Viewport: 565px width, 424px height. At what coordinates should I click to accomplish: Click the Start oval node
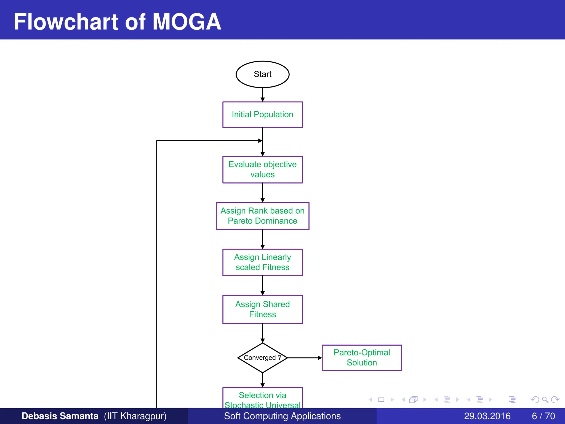262,74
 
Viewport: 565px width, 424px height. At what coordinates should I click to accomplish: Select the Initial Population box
262,115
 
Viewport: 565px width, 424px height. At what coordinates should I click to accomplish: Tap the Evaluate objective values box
262,169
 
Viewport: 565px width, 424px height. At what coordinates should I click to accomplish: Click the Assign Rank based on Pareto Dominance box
262,216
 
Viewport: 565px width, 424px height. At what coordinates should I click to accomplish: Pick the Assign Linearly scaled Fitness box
262,262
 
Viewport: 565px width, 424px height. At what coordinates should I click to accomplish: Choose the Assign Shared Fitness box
262,309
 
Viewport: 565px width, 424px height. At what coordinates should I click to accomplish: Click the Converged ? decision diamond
262,358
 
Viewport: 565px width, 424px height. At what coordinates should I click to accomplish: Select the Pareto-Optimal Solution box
362,358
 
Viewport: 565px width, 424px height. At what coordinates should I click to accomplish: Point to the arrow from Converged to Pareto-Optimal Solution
305,358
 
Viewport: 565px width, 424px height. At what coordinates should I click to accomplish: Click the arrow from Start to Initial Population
262,95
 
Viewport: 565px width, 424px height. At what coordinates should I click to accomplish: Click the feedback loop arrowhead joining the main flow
260,141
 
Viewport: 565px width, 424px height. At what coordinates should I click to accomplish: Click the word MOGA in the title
187,22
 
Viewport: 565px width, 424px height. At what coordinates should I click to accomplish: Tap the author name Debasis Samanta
60,416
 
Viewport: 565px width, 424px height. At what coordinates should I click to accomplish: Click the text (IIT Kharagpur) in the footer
135,416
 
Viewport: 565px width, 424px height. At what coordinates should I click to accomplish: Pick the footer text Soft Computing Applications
282,416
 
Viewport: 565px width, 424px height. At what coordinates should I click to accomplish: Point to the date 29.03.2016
487,416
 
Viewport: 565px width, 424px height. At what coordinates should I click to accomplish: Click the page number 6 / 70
543,416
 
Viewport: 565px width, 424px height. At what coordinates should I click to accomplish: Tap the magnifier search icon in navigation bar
545,400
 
